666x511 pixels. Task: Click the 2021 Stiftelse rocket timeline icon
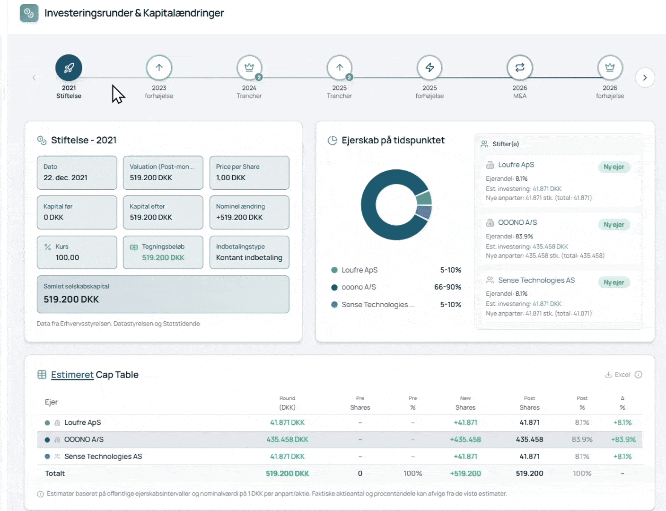point(69,68)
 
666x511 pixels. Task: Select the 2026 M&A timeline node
point(519,68)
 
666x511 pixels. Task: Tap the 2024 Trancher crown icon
point(249,68)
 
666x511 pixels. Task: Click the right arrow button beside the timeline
point(645,78)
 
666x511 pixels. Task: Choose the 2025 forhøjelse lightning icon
point(429,68)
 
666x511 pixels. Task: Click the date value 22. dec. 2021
point(65,178)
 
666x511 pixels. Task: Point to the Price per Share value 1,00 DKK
point(231,178)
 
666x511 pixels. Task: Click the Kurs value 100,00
point(67,258)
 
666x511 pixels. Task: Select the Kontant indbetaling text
point(249,258)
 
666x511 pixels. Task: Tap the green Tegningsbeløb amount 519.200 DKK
point(163,258)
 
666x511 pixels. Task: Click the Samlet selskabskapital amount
point(71,300)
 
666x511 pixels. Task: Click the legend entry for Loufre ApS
point(359,270)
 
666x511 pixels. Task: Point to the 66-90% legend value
point(447,287)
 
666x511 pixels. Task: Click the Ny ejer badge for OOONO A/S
point(613,225)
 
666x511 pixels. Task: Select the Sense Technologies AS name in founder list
point(536,281)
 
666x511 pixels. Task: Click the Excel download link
point(618,375)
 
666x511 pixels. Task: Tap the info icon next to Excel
point(639,375)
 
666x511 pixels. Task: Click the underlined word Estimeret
point(72,375)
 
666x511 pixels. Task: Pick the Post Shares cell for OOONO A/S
point(529,440)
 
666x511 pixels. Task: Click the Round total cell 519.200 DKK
point(287,474)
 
